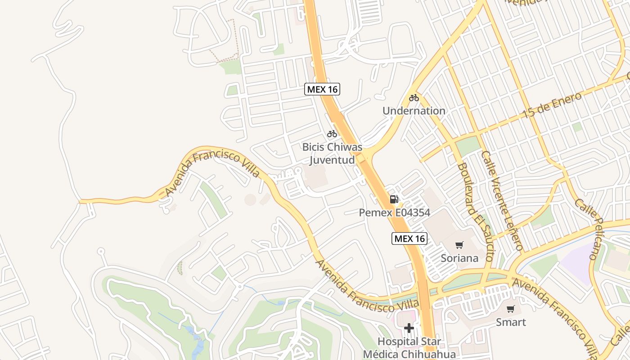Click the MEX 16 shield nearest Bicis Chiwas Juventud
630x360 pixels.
322,89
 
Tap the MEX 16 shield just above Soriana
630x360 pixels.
409,238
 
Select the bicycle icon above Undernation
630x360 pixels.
414,98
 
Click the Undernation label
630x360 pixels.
414,111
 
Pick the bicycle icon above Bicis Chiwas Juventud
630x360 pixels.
332,134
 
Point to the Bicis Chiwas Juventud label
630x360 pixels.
332,153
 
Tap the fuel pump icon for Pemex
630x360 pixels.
394,199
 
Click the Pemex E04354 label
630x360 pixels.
395,212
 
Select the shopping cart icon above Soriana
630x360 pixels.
459,245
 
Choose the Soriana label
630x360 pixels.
459,258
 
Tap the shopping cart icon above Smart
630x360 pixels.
511,309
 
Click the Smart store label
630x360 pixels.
511,322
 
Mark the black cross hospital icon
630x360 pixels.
409,328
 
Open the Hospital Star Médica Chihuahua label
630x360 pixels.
409,347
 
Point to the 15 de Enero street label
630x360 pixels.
552,106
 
